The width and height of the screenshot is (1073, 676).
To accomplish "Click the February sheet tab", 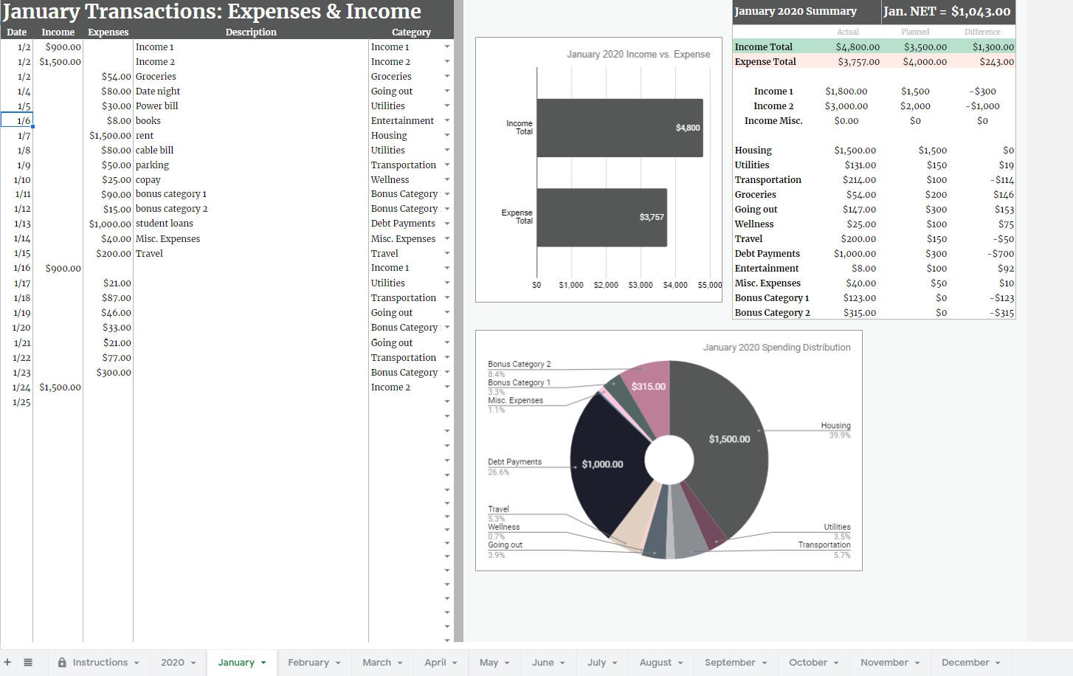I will pyautogui.click(x=308, y=662).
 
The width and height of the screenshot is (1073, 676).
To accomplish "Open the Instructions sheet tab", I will pyautogui.click(x=100, y=662).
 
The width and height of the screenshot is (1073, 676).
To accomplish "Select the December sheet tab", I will pyautogui.click(x=965, y=662).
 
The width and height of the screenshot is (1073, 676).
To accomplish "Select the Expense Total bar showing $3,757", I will pyautogui.click(x=601, y=217).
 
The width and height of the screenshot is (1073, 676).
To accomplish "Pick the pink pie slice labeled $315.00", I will pyautogui.click(x=648, y=386).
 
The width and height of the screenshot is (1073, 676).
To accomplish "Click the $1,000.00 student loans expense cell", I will pyautogui.click(x=109, y=224).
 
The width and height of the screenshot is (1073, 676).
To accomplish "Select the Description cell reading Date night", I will pyautogui.click(x=158, y=91).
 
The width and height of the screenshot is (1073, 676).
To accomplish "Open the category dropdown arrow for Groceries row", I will pyautogui.click(x=446, y=76).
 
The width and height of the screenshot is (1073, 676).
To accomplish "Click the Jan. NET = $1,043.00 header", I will pyautogui.click(x=947, y=11).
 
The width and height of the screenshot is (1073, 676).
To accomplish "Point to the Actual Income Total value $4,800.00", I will pyautogui.click(x=857, y=46).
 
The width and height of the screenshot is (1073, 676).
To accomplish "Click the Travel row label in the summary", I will pyautogui.click(x=748, y=238).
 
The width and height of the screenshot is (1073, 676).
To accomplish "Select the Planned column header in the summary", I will pyautogui.click(x=915, y=32).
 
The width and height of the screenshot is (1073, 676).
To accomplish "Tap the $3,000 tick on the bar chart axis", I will pyautogui.click(x=640, y=285).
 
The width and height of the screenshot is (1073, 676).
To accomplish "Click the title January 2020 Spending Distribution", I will pyautogui.click(x=776, y=347).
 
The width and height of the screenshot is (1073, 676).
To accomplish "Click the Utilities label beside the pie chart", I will pyautogui.click(x=837, y=527).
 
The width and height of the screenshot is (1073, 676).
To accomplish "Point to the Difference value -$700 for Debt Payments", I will pyautogui.click(x=1001, y=253).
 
